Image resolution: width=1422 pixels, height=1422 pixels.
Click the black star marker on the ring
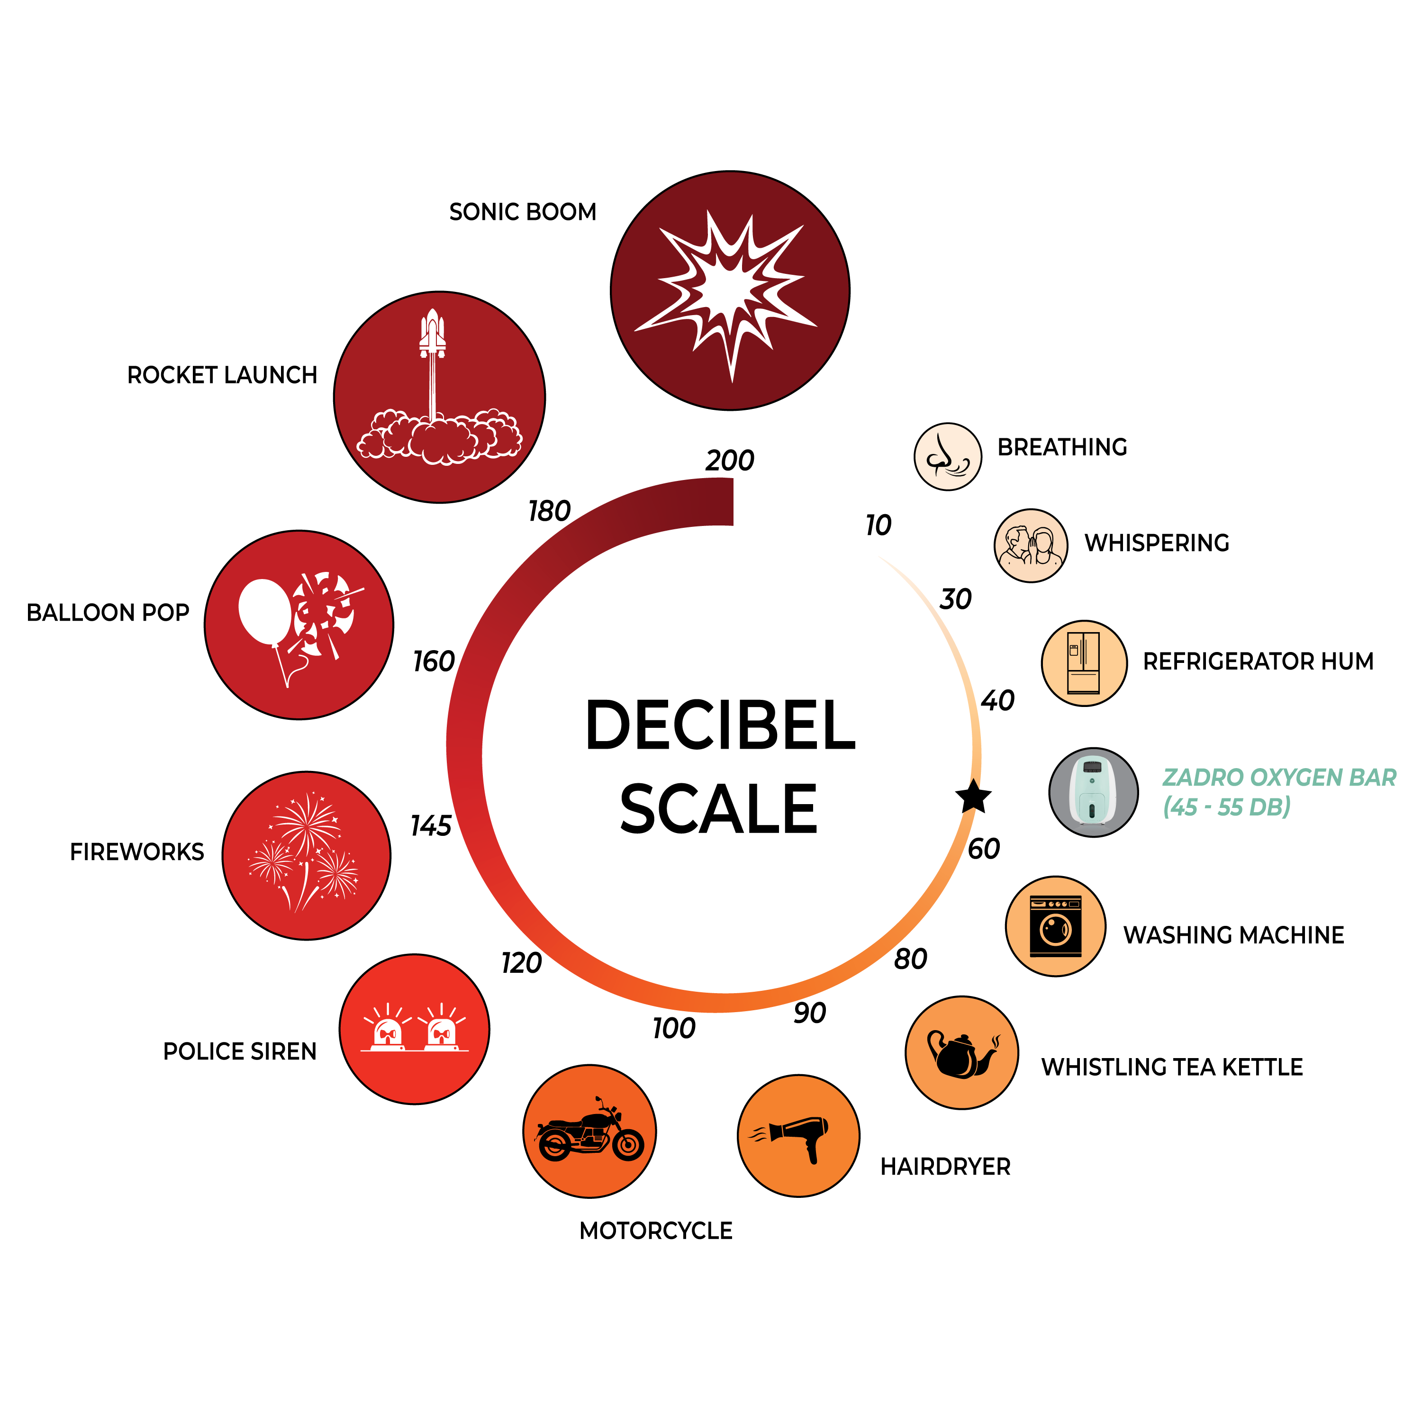point(973,797)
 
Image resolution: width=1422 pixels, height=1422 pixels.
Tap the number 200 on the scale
point(729,461)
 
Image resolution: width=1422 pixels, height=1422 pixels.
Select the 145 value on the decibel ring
point(431,826)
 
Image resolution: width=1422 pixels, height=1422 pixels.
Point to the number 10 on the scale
point(878,525)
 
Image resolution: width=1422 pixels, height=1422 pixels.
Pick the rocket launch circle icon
point(439,398)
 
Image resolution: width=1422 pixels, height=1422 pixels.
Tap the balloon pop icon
point(299,625)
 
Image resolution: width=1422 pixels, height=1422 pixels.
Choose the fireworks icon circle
point(306,855)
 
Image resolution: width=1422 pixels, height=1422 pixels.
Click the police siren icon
point(415,1029)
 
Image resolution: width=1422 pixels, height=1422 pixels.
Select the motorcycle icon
point(589,1131)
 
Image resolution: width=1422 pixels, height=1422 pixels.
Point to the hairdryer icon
point(798,1136)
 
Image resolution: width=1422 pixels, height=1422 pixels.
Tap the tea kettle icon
point(962,1052)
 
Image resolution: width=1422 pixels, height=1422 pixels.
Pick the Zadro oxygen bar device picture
point(1094,793)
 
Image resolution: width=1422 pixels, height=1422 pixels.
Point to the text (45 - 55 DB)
point(1227,807)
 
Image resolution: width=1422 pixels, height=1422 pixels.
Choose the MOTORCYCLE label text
point(656,1231)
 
